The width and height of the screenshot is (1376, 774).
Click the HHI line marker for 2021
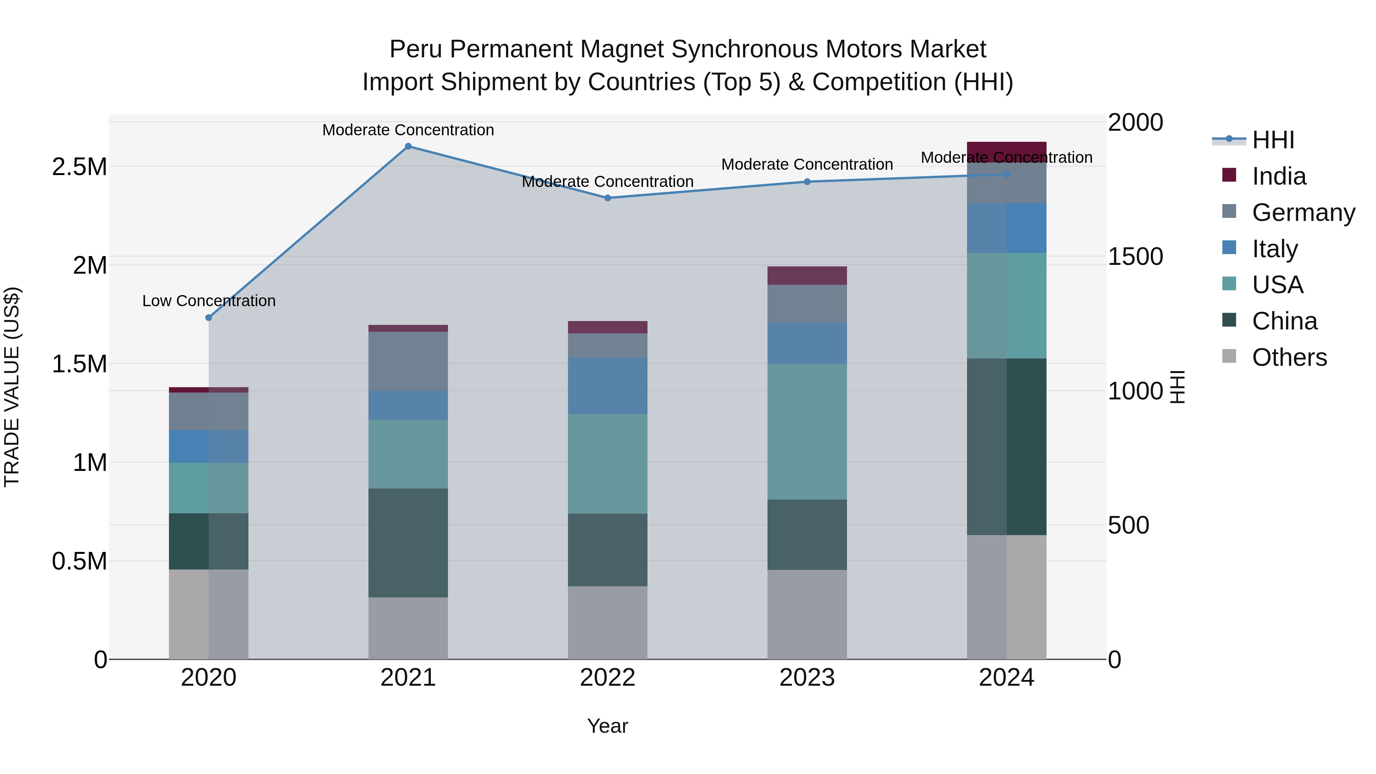click(x=408, y=146)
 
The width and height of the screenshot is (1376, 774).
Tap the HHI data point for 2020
click(x=209, y=318)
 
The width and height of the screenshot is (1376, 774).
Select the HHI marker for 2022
click(x=607, y=198)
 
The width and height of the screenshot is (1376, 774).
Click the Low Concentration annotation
click(x=209, y=301)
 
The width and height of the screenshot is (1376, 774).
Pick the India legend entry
click(x=1279, y=176)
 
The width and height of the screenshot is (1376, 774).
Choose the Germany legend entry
click(x=1303, y=213)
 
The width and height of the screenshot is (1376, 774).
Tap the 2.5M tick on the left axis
click(x=80, y=167)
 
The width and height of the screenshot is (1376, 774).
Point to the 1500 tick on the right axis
click(x=1135, y=256)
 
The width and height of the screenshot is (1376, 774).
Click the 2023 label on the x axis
click(x=807, y=678)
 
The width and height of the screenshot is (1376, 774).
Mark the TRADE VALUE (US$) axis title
click(x=12, y=387)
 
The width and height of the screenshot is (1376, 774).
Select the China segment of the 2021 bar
click(x=408, y=543)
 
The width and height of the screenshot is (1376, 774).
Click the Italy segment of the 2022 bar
click(x=607, y=386)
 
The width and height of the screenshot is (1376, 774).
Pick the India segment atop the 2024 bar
click(x=1006, y=152)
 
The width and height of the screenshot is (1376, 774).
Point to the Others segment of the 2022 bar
click(x=607, y=623)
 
